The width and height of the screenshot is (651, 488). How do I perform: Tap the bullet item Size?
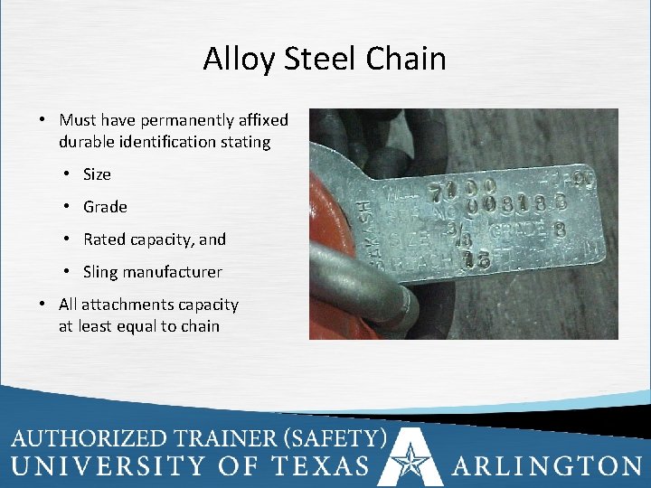pos(97,174)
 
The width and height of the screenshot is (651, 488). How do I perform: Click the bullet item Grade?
pos(105,207)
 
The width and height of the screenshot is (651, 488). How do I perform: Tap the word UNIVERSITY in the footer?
pos(111,465)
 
